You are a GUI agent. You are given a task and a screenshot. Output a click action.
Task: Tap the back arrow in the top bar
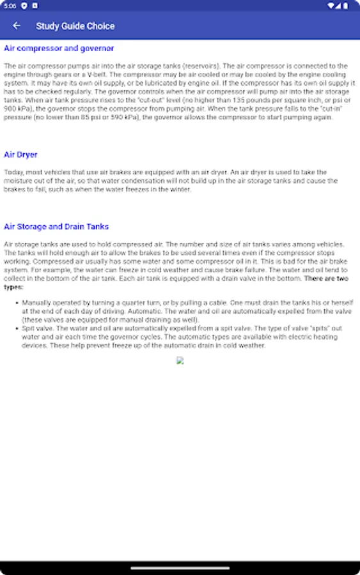point(17,26)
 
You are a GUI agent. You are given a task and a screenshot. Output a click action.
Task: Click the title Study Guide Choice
point(75,26)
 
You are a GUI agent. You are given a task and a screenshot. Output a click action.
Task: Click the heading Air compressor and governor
point(59,49)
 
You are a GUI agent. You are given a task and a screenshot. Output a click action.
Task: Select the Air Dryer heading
point(20,155)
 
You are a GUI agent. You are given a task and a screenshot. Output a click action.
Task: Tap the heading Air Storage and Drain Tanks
point(56,227)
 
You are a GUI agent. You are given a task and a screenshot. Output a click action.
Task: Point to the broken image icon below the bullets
point(180,360)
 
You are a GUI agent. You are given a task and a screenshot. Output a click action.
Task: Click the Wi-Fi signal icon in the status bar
point(331,5)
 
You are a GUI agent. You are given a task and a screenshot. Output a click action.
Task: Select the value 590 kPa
point(116,118)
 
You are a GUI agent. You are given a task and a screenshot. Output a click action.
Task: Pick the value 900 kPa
point(14,109)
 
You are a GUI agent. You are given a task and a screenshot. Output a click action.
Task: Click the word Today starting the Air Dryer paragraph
point(13,172)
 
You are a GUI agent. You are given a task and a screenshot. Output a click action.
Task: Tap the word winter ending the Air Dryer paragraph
point(180,190)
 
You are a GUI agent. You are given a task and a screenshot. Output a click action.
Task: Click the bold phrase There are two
point(326,279)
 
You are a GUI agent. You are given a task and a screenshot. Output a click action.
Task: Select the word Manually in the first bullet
point(38,302)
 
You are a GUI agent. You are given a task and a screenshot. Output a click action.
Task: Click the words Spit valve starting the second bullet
point(40,328)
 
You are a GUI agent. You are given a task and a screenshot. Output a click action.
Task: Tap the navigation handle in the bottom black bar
point(180,567)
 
